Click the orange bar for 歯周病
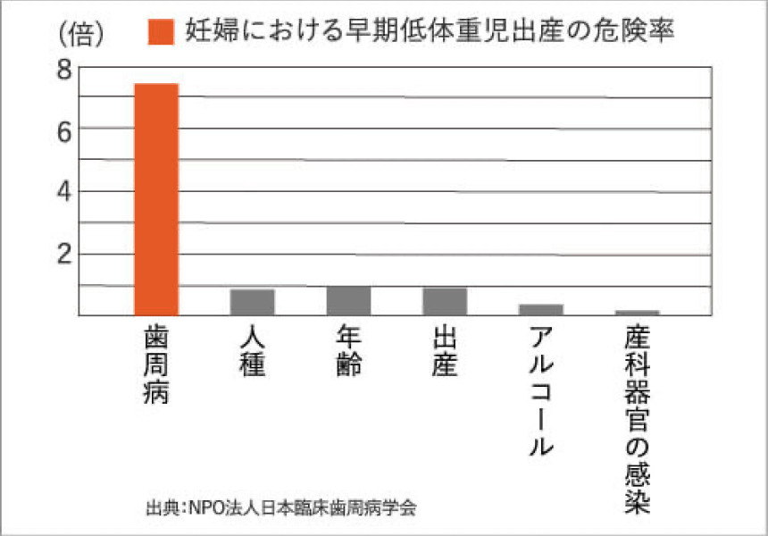[156, 198]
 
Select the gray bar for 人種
[253, 302]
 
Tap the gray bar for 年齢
[349, 300]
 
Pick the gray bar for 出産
[445, 301]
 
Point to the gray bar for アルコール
[541, 309]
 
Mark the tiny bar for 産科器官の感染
[638, 312]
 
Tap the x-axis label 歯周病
[156, 365]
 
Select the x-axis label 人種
[253, 351]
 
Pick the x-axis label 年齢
[349, 351]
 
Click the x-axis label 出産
[445, 351]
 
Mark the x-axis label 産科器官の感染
[638, 420]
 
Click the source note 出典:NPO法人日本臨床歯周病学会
[280, 508]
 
